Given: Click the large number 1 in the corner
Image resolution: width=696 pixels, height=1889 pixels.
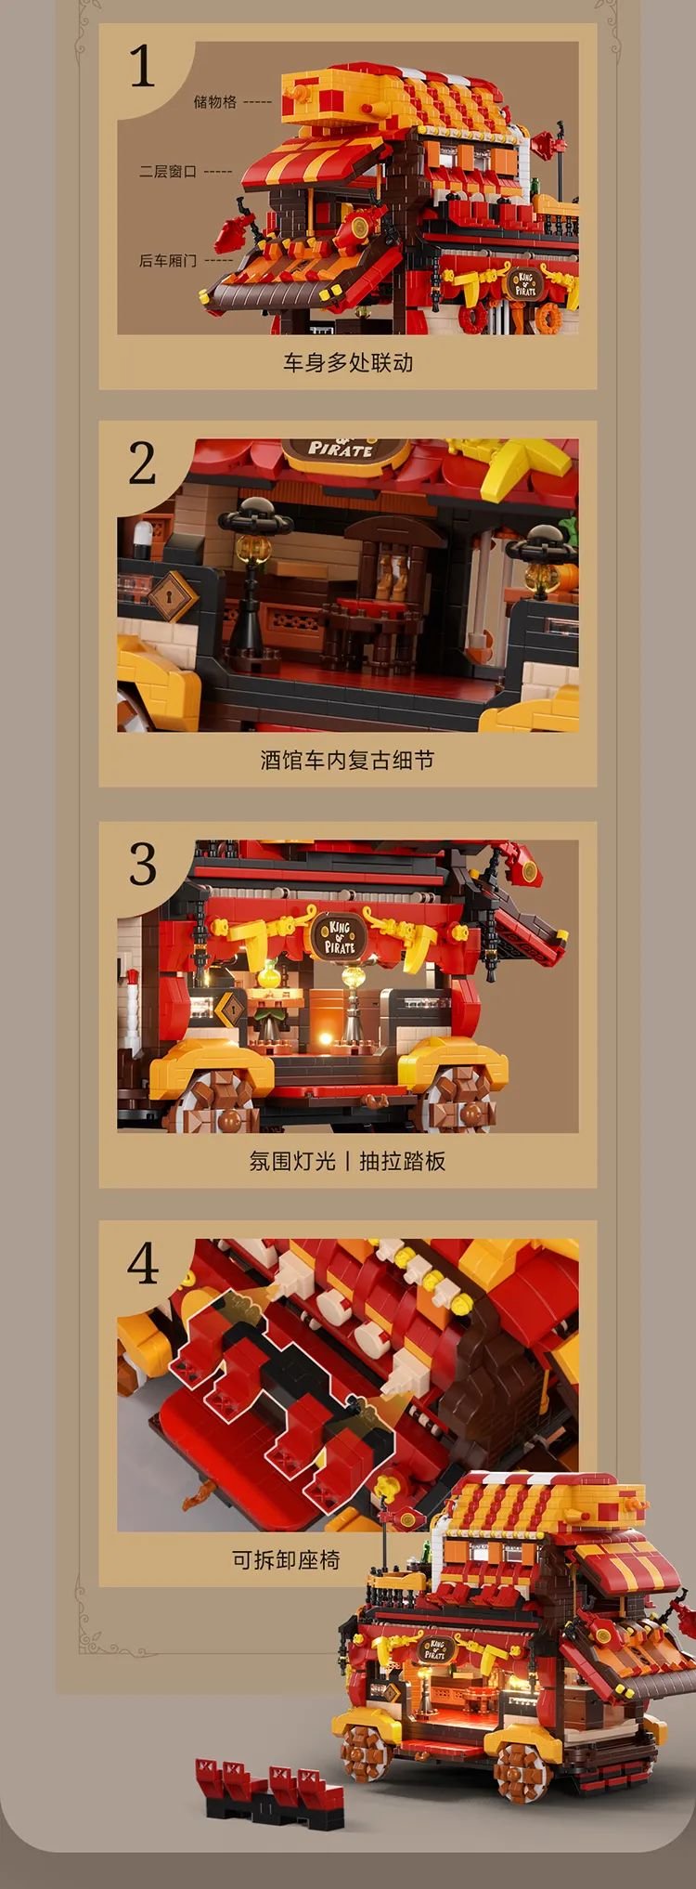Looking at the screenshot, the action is point(142,66).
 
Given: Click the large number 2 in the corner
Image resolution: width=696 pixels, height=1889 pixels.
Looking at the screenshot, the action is point(142,463).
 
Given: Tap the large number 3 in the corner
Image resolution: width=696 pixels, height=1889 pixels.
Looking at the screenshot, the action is point(142,865).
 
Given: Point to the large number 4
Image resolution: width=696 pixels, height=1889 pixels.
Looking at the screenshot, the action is point(143,1264).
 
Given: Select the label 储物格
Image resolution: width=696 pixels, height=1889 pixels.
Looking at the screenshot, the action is point(215,102).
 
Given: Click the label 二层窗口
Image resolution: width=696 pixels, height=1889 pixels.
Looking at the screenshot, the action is point(168,172).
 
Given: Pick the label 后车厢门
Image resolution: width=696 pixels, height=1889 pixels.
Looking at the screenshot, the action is point(168,261).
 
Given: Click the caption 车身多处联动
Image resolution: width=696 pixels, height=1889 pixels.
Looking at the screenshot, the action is point(348,362).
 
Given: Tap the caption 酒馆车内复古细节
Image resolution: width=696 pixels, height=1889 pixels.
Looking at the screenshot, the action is point(347,761).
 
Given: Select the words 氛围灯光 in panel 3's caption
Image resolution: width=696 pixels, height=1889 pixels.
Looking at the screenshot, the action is point(292,1161).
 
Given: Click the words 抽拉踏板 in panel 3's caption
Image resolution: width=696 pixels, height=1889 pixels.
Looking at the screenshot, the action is point(403,1161).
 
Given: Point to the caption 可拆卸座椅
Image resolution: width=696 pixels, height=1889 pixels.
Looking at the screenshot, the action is point(286,1559).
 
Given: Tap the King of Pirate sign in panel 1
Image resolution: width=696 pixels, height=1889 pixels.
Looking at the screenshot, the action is point(526,282).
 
